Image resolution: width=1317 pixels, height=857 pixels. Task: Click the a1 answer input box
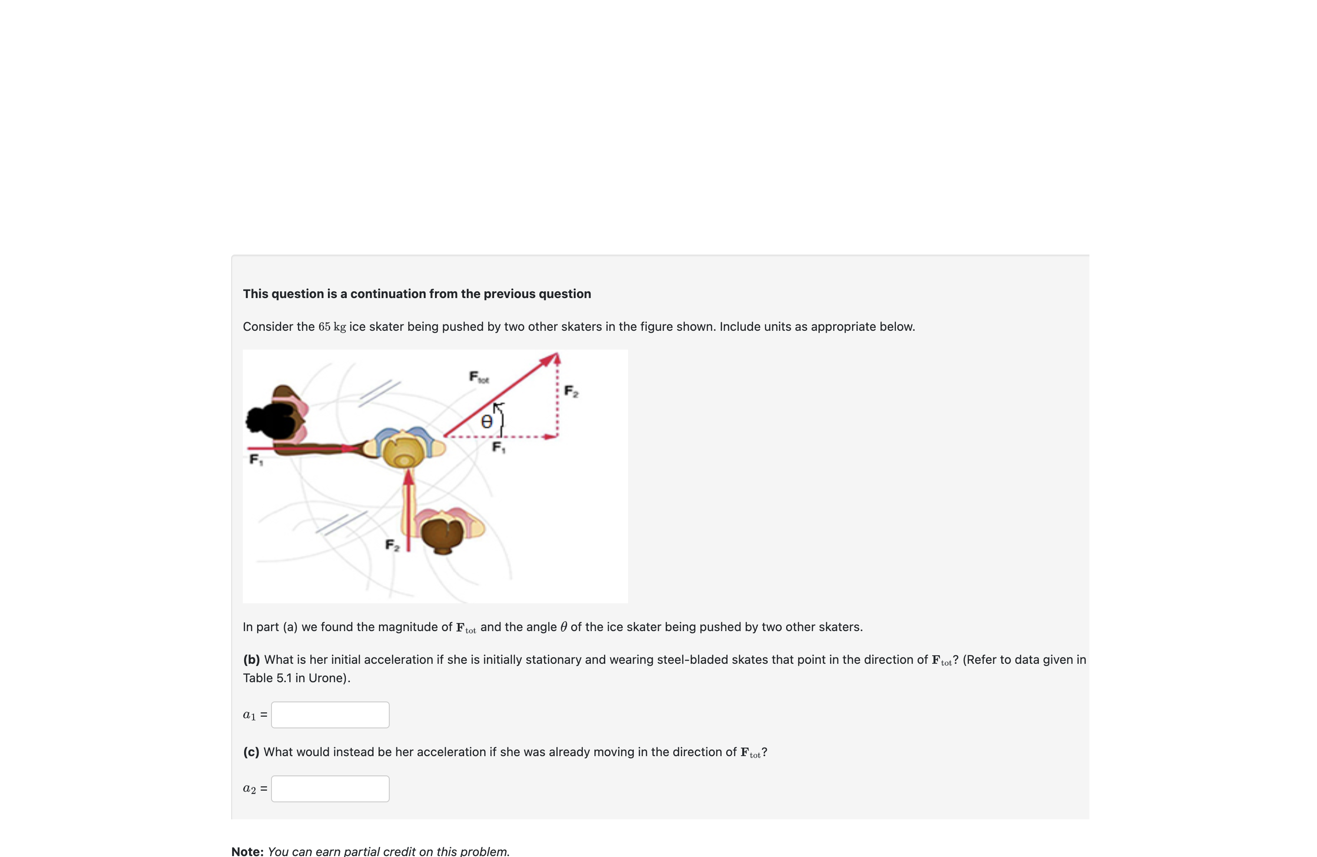tap(330, 715)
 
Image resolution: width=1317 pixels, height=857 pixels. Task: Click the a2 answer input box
tap(330, 788)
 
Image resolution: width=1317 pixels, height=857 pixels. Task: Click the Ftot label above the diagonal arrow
tap(478, 377)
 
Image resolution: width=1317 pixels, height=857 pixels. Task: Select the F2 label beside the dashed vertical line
tap(571, 391)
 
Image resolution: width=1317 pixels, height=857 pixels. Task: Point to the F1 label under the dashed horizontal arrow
tap(499, 447)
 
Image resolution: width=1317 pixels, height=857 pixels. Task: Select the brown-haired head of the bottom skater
tap(442, 532)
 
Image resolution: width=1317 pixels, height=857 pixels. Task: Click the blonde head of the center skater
tap(405, 452)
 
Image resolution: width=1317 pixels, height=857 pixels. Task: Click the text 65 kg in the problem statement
tap(332, 327)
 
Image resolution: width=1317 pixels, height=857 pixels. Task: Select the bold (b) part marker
tap(251, 659)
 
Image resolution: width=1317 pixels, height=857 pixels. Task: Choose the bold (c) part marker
tap(251, 752)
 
